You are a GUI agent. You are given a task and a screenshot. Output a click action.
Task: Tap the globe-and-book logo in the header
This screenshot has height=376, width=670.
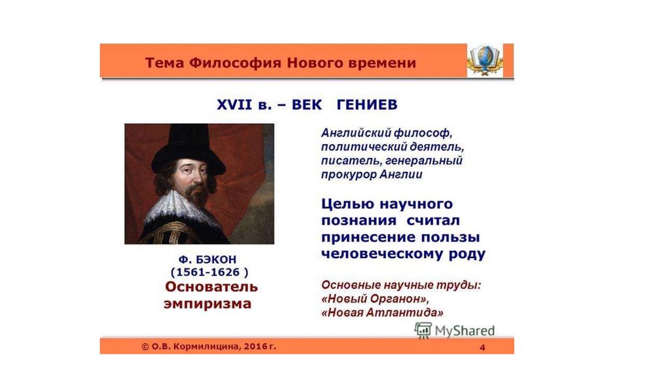485,60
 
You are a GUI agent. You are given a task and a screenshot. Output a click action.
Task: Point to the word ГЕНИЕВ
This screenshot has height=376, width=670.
367,104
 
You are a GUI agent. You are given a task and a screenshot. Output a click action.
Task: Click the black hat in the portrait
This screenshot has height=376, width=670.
187,147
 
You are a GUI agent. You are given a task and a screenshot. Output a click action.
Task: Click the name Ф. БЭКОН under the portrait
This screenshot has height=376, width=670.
207,259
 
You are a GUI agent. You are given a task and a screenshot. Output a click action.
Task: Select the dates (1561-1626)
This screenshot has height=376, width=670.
209,272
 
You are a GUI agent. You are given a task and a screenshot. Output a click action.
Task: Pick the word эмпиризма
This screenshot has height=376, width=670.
207,304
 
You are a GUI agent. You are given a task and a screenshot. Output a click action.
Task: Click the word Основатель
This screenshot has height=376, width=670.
211,287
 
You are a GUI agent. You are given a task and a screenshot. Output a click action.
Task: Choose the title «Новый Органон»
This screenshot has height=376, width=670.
375,299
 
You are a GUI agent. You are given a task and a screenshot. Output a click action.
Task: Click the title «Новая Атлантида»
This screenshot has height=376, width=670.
382,312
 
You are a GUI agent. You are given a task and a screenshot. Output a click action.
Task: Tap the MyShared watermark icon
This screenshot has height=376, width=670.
423,330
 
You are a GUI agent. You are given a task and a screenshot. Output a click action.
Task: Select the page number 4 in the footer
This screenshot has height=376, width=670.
482,347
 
